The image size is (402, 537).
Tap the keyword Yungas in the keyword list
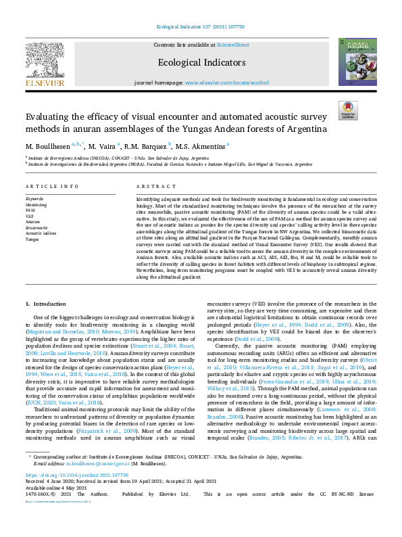32,239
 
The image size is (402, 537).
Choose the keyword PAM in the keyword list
30,210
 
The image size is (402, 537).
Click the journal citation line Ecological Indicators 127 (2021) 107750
200,26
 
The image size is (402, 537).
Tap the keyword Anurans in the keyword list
32,222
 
